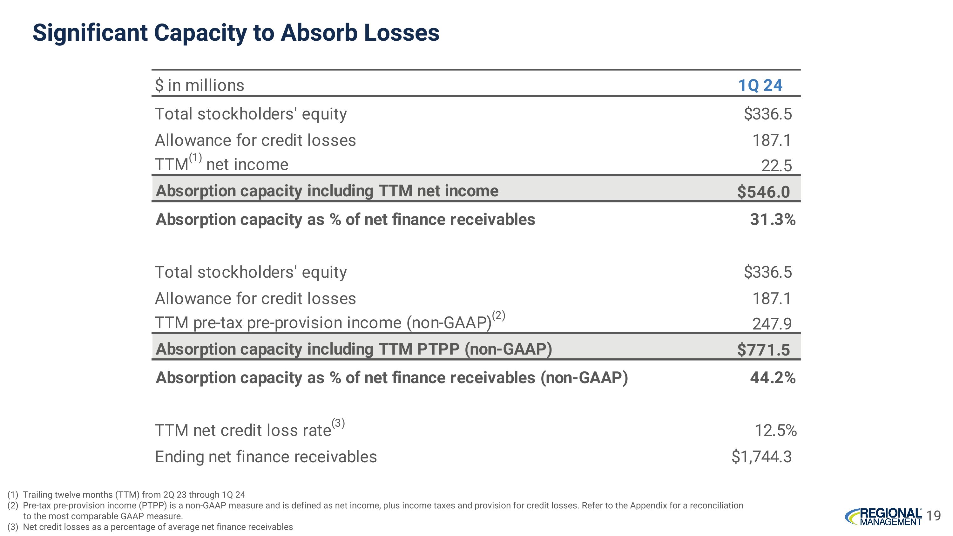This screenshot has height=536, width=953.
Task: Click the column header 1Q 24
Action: coord(760,85)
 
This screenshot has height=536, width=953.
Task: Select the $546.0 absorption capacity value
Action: coord(763,192)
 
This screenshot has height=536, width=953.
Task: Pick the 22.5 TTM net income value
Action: coord(776,165)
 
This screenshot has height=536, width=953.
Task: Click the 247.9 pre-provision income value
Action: coord(772,324)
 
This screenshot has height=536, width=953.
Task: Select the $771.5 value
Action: coord(763,350)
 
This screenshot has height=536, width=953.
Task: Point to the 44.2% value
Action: coord(773,378)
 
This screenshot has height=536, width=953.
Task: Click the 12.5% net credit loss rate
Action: coord(775,431)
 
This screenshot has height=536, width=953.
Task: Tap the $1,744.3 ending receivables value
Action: coord(761,457)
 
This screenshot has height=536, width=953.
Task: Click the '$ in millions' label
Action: coord(200,85)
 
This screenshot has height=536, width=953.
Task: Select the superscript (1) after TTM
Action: coord(195,158)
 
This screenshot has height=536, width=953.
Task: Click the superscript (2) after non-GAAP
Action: coord(498,315)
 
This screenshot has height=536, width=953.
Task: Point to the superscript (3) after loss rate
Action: coord(338,423)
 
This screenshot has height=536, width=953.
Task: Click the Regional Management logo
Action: coord(883,517)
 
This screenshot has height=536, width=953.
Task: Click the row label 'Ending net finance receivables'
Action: coord(266,457)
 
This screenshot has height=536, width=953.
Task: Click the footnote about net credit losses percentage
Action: coord(158,527)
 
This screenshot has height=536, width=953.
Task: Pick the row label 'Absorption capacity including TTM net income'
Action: coord(327,191)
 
